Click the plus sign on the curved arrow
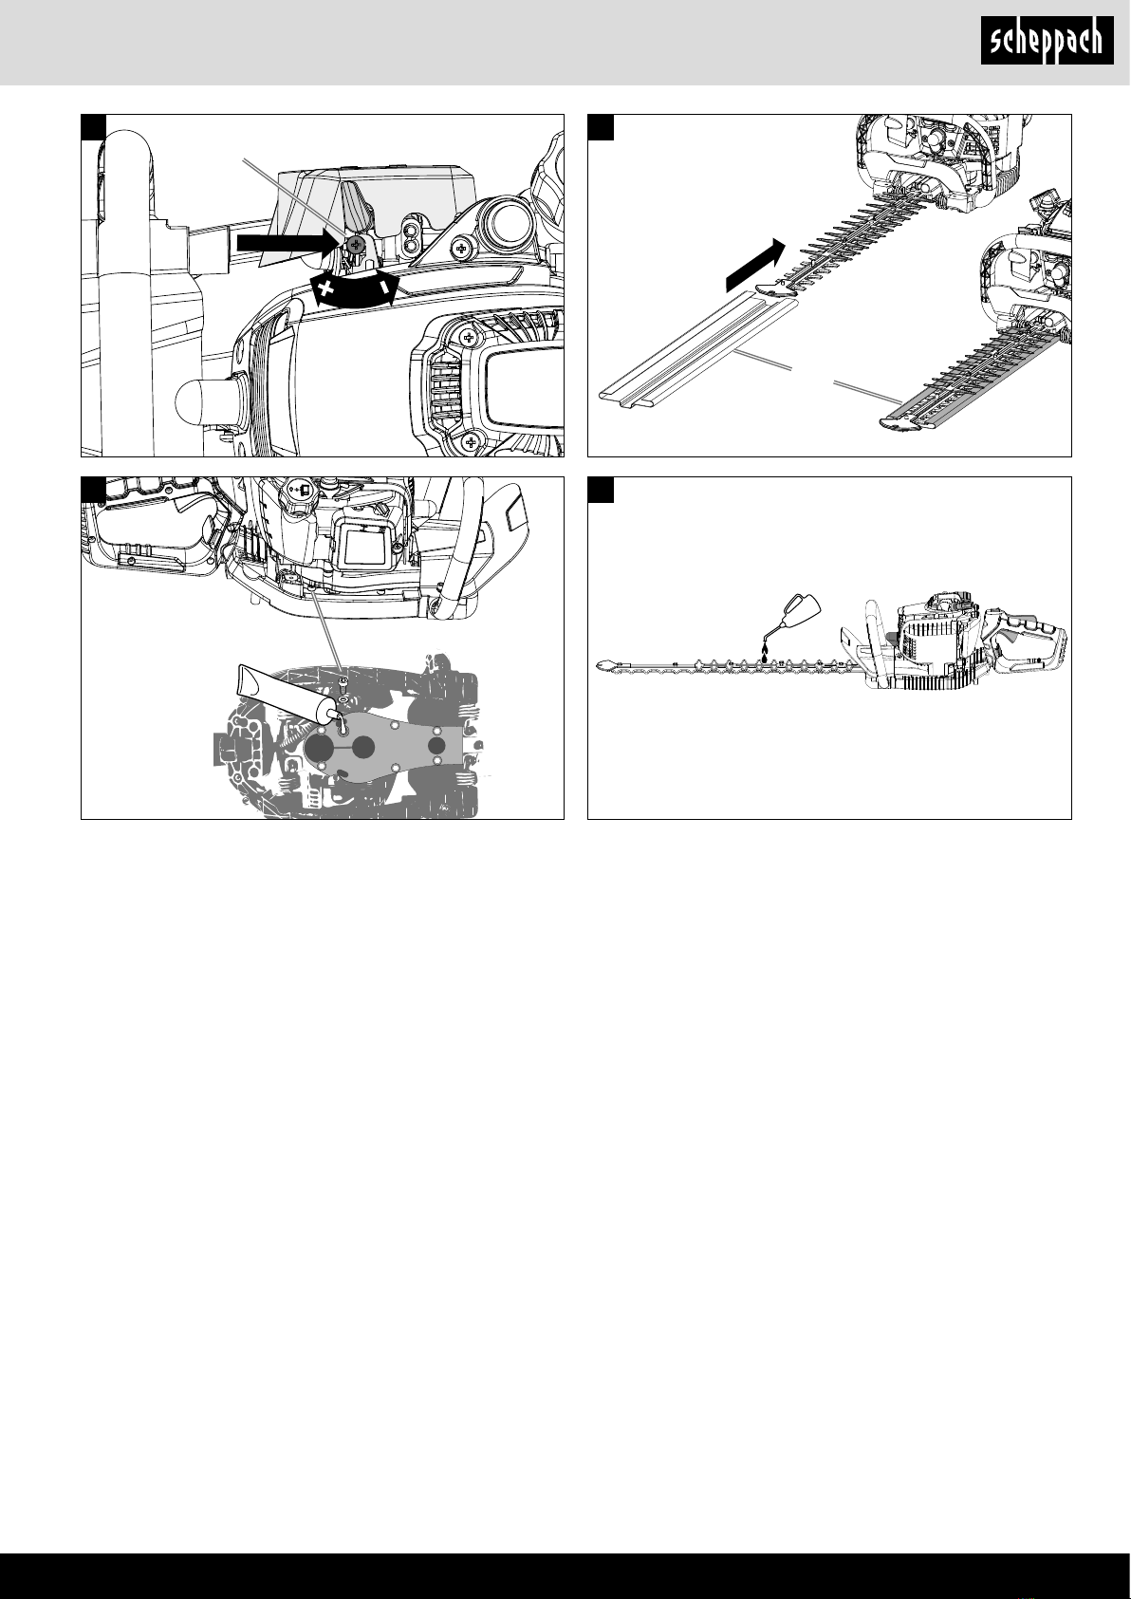tap(325, 289)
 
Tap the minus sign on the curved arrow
tap(384, 287)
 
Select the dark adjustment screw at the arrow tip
tap(356, 244)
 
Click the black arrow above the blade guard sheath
tap(756, 266)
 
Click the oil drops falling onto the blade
tap(767, 653)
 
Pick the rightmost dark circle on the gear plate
tap(436, 747)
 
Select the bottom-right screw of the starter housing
tap(471, 443)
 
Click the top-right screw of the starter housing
tap(470, 337)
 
